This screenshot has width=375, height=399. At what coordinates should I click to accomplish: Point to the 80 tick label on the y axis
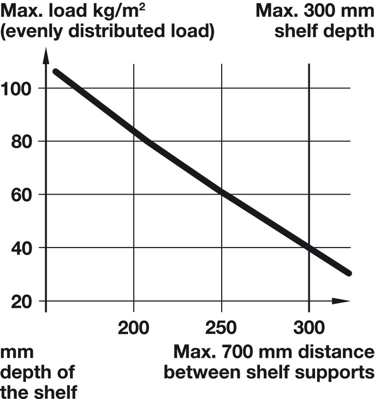point(22,142)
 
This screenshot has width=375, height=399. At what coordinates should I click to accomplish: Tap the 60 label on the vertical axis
point(22,195)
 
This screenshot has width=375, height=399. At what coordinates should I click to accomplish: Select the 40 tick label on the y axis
point(22,248)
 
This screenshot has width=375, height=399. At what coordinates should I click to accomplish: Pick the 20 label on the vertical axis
point(22,301)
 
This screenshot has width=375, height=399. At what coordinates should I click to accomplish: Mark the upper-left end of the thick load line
point(55,72)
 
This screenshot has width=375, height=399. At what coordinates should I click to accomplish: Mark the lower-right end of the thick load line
point(348,272)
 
